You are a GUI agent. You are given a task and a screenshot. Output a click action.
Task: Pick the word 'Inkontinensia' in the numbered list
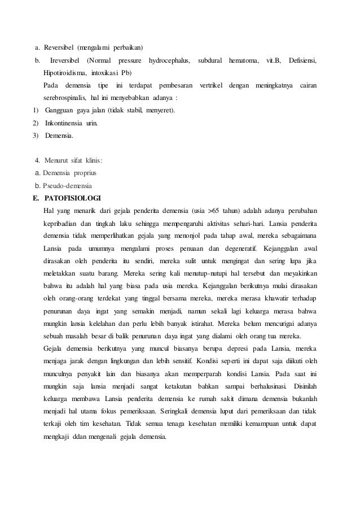point(63,123)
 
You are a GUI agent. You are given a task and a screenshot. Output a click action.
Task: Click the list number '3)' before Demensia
point(36,136)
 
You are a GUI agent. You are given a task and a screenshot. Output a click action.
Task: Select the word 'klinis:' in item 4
point(92,160)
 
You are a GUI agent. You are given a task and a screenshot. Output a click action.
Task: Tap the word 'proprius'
point(87,173)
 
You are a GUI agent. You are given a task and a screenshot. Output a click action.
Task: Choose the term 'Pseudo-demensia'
point(67,185)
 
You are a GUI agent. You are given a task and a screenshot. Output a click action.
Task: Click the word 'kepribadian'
point(62,224)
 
